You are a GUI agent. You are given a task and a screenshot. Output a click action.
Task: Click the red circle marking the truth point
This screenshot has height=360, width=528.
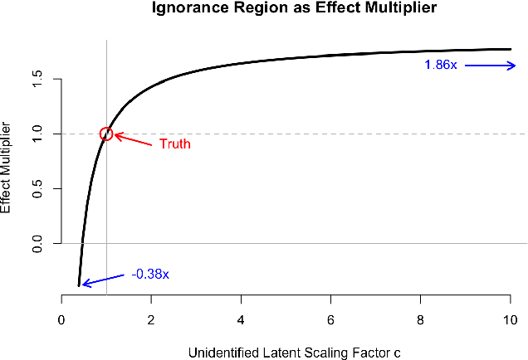pyautogui.click(x=106, y=134)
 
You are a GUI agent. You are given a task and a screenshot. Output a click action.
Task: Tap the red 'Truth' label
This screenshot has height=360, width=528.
pyautogui.click(x=175, y=144)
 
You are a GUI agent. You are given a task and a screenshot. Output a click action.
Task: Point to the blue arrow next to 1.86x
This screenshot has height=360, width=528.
pyautogui.click(x=490, y=66)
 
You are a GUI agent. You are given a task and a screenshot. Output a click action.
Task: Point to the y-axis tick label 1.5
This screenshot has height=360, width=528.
pyautogui.click(x=37, y=79)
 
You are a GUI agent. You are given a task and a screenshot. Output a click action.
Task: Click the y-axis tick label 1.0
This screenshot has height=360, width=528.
pyautogui.click(x=37, y=134)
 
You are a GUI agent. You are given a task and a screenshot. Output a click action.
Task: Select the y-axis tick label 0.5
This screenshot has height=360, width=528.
pyautogui.click(x=37, y=189)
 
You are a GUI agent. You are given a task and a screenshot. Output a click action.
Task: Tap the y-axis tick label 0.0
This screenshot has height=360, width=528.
pyautogui.click(x=37, y=244)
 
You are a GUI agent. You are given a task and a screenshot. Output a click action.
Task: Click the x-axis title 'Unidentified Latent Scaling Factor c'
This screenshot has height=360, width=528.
pyautogui.click(x=295, y=353)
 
